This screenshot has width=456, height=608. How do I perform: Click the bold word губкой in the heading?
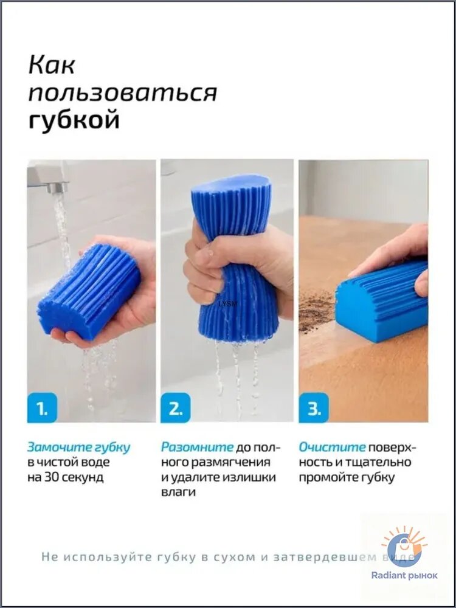[x=74, y=120]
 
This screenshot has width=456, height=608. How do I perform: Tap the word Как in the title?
[x=52, y=65]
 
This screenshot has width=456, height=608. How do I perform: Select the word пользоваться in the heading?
[x=123, y=94]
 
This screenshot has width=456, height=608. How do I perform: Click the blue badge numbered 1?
[x=42, y=407]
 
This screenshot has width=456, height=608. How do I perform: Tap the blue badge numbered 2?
[x=175, y=407]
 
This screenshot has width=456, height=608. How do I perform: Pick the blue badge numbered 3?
[x=314, y=407]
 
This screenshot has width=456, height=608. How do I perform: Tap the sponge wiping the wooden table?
[x=382, y=301]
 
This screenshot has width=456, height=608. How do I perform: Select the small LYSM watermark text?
[x=227, y=304]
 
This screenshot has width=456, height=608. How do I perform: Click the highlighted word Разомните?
[x=198, y=447]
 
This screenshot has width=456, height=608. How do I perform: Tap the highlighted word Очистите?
[x=332, y=447]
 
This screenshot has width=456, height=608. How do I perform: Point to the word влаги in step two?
[x=178, y=492]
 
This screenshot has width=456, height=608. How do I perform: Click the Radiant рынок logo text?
[x=404, y=575]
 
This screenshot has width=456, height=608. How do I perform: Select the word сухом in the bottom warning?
[x=233, y=558]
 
